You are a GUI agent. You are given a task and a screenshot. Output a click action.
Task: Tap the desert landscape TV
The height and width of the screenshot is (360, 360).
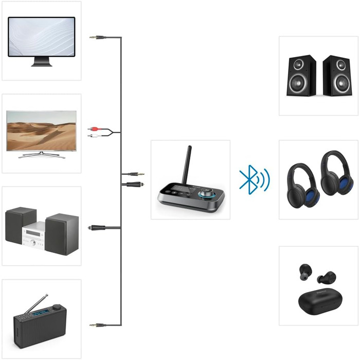(x=42, y=131)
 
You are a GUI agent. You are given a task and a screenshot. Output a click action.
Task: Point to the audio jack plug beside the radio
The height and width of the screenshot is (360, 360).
(x=97, y=325)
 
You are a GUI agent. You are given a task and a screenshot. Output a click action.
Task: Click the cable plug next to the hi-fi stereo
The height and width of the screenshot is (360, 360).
(x=96, y=227)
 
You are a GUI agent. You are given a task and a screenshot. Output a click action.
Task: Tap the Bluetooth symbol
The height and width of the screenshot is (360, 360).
(x=249, y=180)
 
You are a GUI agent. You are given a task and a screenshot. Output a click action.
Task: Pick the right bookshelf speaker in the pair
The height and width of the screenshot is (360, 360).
(x=336, y=75)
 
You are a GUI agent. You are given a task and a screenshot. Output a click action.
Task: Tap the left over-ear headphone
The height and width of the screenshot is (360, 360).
(x=303, y=186)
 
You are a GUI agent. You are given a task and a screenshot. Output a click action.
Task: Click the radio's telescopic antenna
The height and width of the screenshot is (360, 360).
(x=37, y=304)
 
